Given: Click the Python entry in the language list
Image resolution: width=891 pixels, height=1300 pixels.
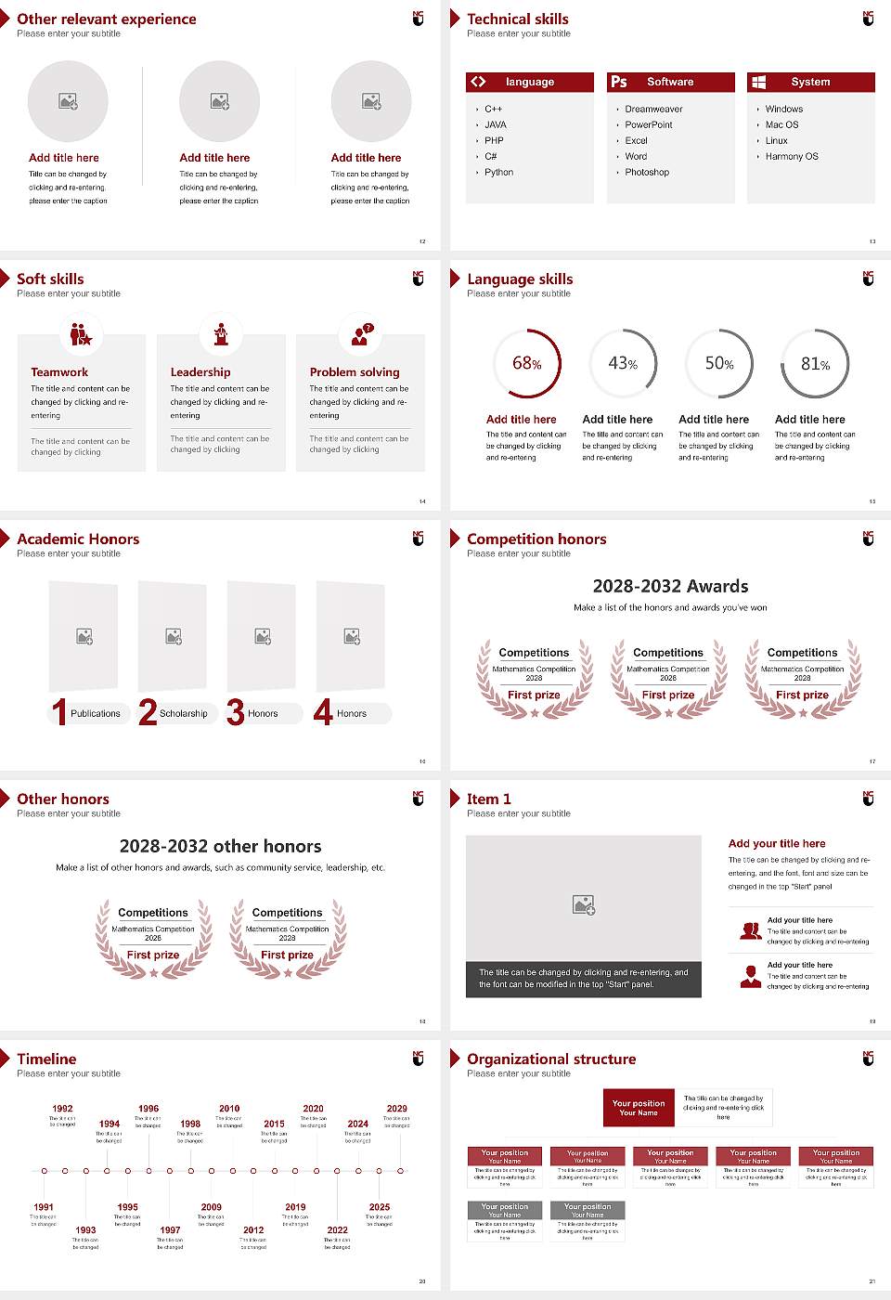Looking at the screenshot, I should (498, 173).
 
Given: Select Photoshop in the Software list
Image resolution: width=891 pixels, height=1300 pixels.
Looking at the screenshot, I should (647, 173).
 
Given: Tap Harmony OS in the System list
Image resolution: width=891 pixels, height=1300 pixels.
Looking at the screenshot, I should (792, 157).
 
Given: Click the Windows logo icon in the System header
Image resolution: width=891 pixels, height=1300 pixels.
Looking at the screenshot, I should (759, 82).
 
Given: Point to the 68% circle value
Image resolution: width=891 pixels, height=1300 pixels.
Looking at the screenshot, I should (527, 364).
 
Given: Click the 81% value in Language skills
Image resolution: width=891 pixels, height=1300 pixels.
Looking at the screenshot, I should (815, 364).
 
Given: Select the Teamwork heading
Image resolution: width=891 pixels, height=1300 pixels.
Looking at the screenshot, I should (59, 372).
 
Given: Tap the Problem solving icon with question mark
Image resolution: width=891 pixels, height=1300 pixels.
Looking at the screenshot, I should (361, 335).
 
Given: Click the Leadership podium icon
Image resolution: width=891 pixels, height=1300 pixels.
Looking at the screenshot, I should (221, 334).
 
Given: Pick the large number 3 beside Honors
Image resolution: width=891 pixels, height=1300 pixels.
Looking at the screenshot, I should (236, 712).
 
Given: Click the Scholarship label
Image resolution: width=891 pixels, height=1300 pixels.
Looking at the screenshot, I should (183, 714).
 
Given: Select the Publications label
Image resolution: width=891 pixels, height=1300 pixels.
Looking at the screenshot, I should (96, 714).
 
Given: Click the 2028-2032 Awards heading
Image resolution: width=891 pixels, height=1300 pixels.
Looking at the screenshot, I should (670, 586).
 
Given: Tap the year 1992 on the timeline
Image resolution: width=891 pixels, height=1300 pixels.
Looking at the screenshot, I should (62, 1109).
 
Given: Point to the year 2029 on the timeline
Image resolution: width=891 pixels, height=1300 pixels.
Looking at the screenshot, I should (396, 1109).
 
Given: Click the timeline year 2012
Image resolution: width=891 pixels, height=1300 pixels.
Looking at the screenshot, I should (253, 1229).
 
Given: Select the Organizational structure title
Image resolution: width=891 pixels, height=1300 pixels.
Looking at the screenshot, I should (551, 1059).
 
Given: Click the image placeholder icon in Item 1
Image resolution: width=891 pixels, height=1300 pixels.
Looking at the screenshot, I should (584, 904).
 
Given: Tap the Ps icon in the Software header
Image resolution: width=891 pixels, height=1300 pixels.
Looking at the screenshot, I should (619, 82).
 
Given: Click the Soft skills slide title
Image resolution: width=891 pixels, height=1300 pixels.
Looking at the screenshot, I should (50, 279).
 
